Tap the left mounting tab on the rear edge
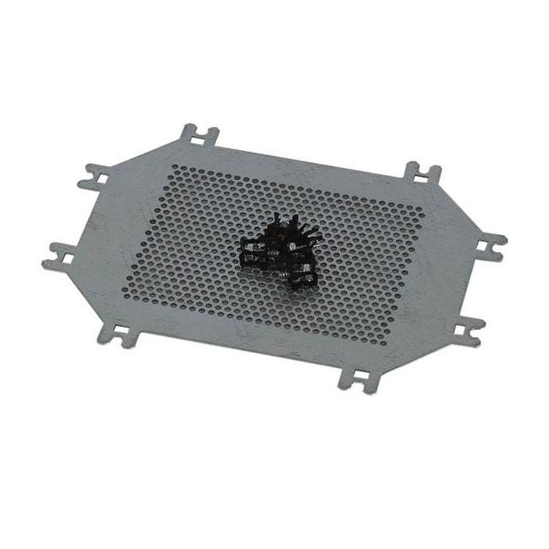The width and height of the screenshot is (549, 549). (x=198, y=138)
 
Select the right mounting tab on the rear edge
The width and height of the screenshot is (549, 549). (x=422, y=175)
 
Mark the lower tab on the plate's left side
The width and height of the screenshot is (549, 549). (x=62, y=255)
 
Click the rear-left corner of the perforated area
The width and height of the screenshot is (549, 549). (x=173, y=168)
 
